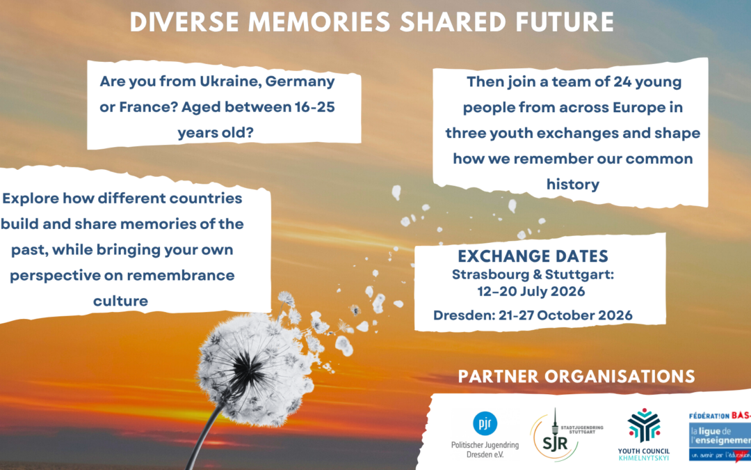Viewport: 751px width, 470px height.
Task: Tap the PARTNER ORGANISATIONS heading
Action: [x=576, y=377]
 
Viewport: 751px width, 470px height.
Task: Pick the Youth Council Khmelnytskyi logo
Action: [x=643, y=426]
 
